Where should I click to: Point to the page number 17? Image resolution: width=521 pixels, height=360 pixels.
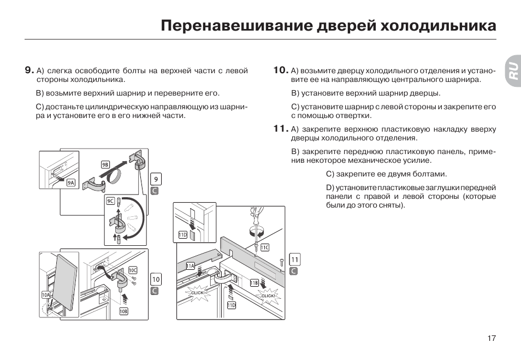492,338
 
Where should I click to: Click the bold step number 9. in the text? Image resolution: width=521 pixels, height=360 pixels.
29,70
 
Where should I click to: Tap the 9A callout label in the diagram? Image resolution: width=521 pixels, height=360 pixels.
71,183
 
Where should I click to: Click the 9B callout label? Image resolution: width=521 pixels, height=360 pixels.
105,164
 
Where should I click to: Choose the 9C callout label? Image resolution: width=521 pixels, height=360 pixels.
110,201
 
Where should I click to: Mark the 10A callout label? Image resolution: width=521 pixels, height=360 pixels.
46,294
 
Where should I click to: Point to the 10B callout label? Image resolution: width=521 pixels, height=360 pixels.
123,311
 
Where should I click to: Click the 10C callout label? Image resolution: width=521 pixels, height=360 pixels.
133,270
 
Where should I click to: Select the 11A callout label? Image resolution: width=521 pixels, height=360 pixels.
190,266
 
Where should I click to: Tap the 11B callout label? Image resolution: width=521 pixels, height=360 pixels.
254,282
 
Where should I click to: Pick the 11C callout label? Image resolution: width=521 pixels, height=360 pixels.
264,247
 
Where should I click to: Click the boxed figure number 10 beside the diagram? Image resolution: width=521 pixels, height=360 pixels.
156,279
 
